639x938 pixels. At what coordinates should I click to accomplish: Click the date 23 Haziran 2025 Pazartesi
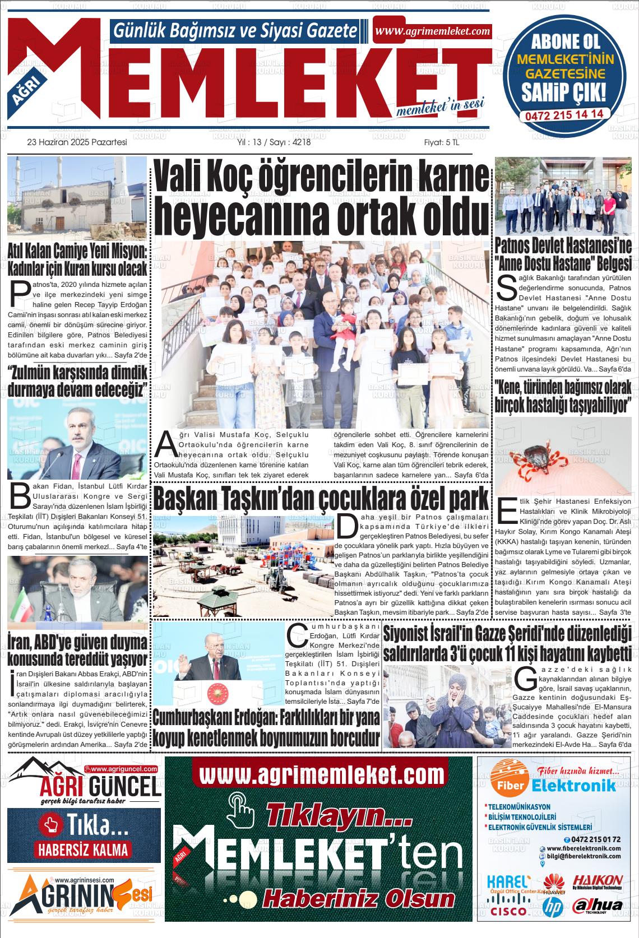(x=77, y=142)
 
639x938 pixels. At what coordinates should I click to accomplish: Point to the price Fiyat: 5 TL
(x=441, y=142)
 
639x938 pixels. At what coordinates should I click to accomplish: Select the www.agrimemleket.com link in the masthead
(x=432, y=31)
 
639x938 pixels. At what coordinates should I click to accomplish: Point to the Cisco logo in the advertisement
(x=508, y=911)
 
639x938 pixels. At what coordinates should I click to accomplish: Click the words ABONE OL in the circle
(x=564, y=41)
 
